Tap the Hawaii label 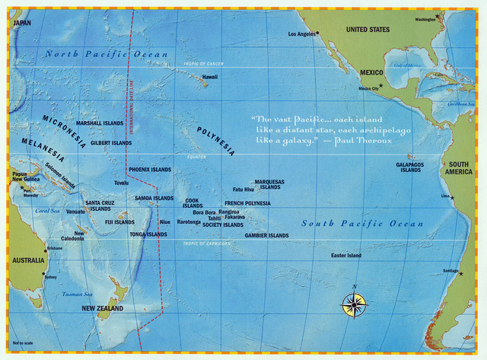coord(210,77)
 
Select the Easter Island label coord(345,256)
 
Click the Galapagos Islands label coord(410,167)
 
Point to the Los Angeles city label coord(302,34)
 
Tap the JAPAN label coord(22,24)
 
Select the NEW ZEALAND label coord(102,308)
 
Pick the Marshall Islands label coord(99,123)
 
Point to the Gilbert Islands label coord(111,142)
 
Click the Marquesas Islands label coord(269,184)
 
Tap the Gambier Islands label coord(266,236)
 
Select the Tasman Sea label coord(77,294)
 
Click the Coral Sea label coord(47,211)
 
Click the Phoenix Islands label coord(150,169)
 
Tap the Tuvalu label coord(121,183)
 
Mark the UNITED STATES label coord(368,30)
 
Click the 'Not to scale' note coord(23,342)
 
